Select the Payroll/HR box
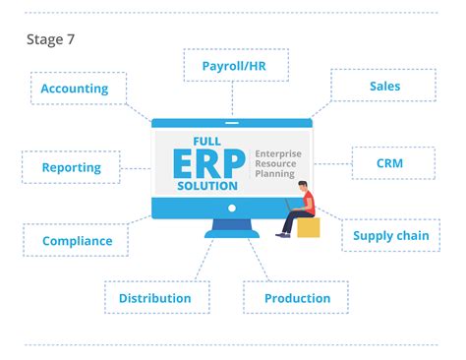232,65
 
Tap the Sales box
384,86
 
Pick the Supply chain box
390,235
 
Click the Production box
298,297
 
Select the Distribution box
155,297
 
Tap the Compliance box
77,239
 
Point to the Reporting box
72,167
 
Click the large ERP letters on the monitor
209,159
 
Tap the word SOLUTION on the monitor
207,184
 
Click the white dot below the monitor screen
232,209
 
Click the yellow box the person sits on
309,227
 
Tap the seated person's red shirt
308,204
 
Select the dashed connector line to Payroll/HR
232,98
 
